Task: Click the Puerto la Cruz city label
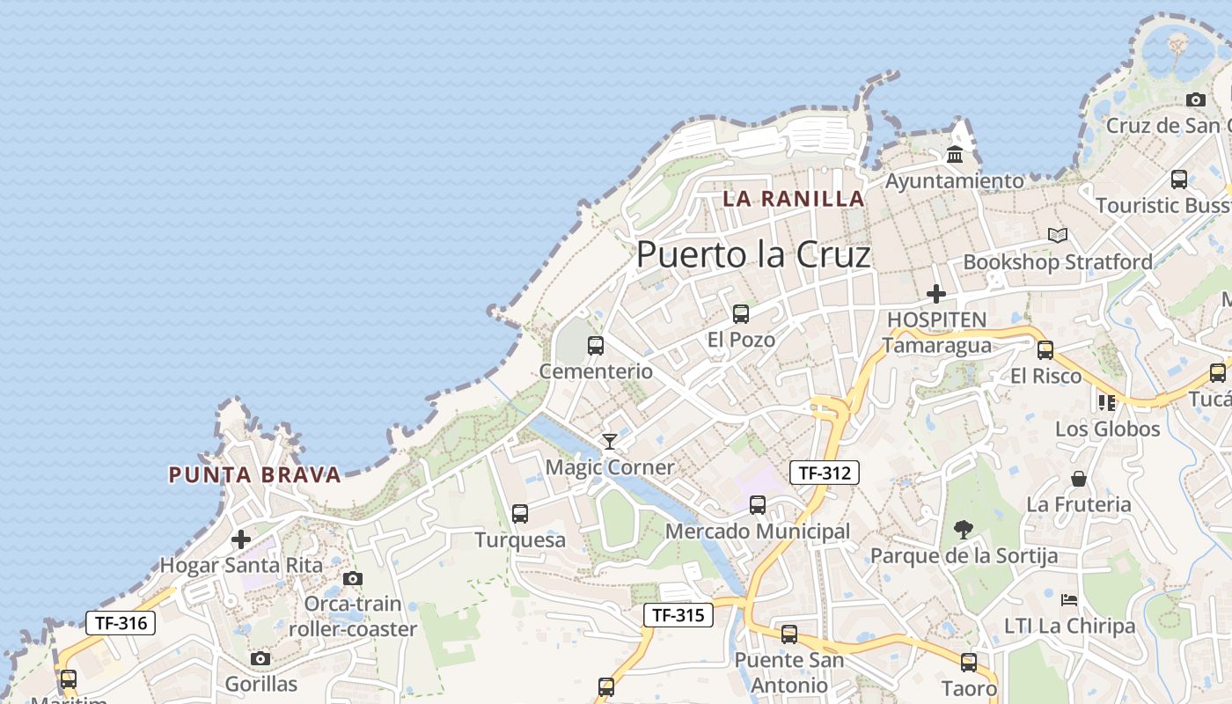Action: coord(753,254)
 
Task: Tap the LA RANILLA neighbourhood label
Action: coord(793,199)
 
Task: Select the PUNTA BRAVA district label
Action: coord(254,475)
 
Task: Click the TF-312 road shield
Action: coord(824,473)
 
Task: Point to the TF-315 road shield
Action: coord(678,615)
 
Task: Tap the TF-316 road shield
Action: coord(121,623)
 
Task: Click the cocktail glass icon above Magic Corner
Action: coord(609,441)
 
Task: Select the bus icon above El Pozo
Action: coord(741,313)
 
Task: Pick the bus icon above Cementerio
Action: coord(596,345)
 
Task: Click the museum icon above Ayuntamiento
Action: coord(955,156)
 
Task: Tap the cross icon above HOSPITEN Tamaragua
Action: coord(936,293)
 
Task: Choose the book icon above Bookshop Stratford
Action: coord(1058,236)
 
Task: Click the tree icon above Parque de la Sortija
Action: coord(964,529)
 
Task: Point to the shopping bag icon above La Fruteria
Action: coord(1079,479)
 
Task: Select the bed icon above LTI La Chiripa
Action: coord(1069,600)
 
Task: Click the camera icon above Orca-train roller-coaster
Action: coord(353,578)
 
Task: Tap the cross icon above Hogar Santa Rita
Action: coord(241,539)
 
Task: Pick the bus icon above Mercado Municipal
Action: coord(758,505)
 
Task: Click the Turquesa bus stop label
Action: coord(520,539)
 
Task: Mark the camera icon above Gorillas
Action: coord(260,658)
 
